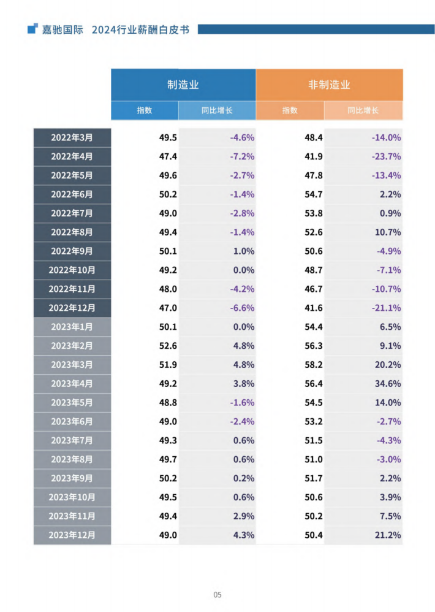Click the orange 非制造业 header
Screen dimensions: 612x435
point(329,85)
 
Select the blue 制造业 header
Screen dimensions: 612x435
point(183,85)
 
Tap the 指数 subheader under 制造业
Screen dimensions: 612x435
point(145,110)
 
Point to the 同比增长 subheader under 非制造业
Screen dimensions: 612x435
point(363,110)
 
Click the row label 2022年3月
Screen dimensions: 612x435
point(72,137)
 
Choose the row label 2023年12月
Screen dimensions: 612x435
point(72,535)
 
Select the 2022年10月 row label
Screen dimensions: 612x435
point(72,270)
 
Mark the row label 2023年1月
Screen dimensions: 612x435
point(72,327)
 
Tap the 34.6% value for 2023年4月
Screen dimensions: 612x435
point(388,384)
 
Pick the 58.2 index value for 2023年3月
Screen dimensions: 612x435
point(313,365)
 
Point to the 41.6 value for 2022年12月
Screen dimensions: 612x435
point(313,308)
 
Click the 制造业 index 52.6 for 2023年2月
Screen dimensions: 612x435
point(168,346)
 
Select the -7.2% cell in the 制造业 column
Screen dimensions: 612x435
point(242,156)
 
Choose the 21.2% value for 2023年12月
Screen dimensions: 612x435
point(388,535)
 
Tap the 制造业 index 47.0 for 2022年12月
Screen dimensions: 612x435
point(168,308)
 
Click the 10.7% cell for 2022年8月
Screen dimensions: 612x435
point(388,232)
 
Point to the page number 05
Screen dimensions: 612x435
point(217,595)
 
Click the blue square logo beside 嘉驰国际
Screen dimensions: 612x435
point(32,29)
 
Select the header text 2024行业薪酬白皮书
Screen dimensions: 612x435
point(140,29)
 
